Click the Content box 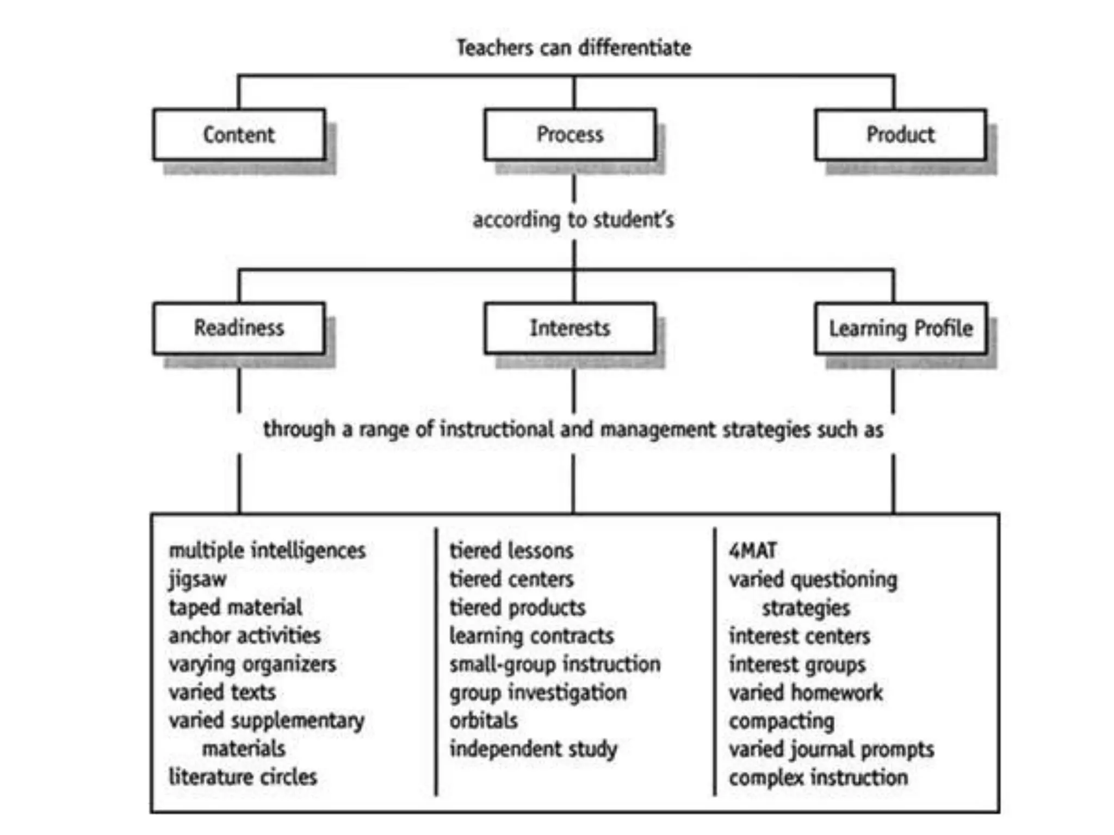point(239,135)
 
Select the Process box point(570,135)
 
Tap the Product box point(900,135)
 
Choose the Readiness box point(239,328)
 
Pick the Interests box point(570,328)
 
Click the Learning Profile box point(900,328)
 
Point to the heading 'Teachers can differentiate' point(574,48)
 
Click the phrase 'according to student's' point(573,220)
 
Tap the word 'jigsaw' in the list point(197,579)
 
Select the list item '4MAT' point(753,551)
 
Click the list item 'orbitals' point(484,721)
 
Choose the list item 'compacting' point(782,721)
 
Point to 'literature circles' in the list point(243,777)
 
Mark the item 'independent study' point(534,749)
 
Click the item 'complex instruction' point(819,777)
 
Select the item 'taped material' point(236,607)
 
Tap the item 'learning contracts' point(531,636)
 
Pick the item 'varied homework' point(806,693)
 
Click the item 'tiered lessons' point(511,551)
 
